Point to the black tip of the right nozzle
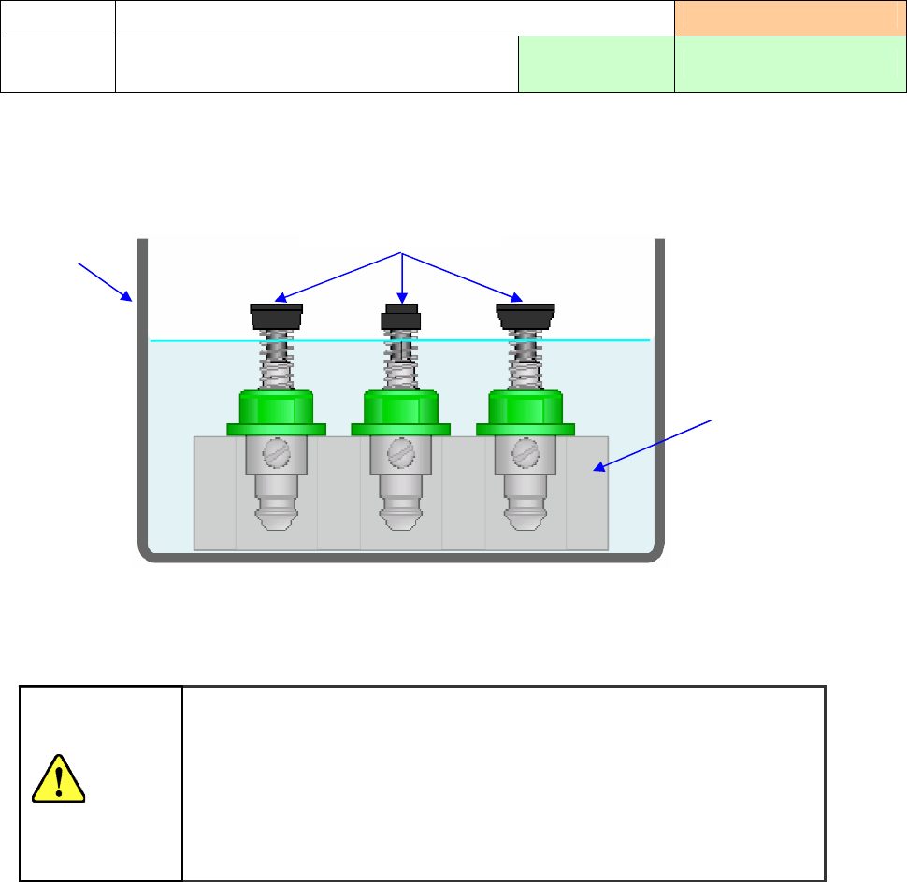(x=525, y=317)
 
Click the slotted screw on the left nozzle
(x=277, y=455)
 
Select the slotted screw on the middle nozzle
(x=401, y=455)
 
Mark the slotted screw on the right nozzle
(x=525, y=455)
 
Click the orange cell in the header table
(x=790, y=18)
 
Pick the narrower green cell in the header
(x=596, y=64)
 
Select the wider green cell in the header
(x=790, y=64)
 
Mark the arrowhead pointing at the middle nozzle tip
(x=402, y=292)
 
